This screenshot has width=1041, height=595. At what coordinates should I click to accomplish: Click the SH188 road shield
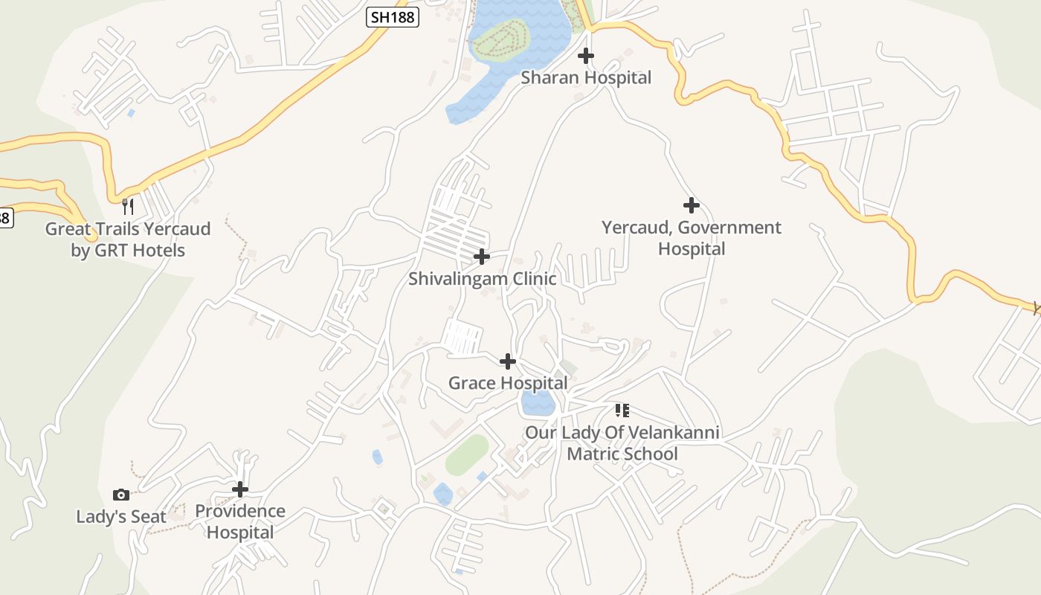pos(393,16)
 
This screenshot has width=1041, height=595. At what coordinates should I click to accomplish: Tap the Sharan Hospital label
pos(586,77)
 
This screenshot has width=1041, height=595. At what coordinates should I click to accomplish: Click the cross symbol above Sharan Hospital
pos(586,56)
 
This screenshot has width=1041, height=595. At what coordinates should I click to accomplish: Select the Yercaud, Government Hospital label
pos(692,238)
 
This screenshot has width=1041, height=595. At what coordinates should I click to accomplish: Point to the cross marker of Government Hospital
pos(692,205)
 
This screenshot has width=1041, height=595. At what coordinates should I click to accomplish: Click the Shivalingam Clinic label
pos(482,279)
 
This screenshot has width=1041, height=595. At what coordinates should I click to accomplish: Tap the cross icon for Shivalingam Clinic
pos(482,257)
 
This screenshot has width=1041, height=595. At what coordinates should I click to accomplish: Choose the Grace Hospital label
pos(508,383)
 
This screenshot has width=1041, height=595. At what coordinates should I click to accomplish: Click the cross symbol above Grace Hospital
pos(508,361)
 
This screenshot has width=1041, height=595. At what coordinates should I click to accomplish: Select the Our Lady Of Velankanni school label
pos(622,443)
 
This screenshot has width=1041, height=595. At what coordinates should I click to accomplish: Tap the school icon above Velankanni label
pos(622,410)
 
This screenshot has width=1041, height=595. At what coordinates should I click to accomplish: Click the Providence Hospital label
pos(240,521)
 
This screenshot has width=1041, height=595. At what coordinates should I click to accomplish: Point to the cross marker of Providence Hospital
pos(240,489)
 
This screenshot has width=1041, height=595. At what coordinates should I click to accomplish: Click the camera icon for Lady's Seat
pos(121,495)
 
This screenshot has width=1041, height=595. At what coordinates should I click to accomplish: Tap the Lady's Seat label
pos(121,516)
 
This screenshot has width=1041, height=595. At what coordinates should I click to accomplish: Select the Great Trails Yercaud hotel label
pos(128,239)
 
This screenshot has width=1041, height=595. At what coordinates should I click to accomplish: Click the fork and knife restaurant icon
pos(128,206)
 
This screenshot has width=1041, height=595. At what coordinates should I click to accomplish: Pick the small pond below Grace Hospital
pos(537,403)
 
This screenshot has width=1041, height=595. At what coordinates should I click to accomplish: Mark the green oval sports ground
pos(467,454)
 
